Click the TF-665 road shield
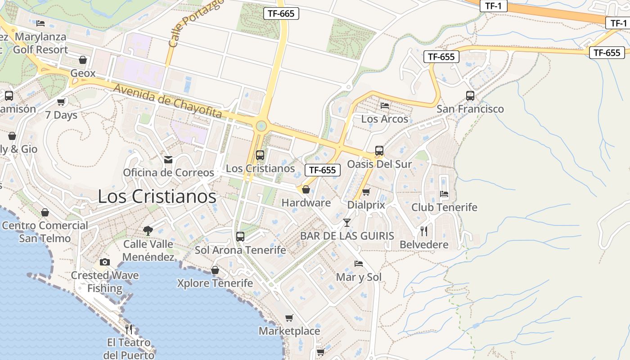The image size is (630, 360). [281, 13]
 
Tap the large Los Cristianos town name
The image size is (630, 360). [157, 197]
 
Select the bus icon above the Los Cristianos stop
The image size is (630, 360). [260, 155]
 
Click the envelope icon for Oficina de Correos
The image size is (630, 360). [168, 159]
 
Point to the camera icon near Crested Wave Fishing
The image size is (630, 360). [105, 262]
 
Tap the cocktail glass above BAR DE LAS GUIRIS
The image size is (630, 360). [346, 222]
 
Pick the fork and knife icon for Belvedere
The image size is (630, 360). [423, 231]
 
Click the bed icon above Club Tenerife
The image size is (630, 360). [444, 194]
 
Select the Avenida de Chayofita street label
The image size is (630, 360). [168, 101]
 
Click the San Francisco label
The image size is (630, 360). [470, 109]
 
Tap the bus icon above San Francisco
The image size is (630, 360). [470, 95]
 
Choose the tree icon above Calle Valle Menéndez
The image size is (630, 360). [148, 231]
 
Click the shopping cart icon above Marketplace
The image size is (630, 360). [289, 318]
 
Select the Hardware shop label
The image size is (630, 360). [306, 203]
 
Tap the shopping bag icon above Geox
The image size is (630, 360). [83, 60]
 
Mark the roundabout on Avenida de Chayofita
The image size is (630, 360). [261, 126]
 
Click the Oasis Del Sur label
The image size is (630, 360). [379, 164]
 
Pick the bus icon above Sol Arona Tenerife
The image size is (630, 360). [240, 236]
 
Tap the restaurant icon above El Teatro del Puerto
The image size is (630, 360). [129, 329]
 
